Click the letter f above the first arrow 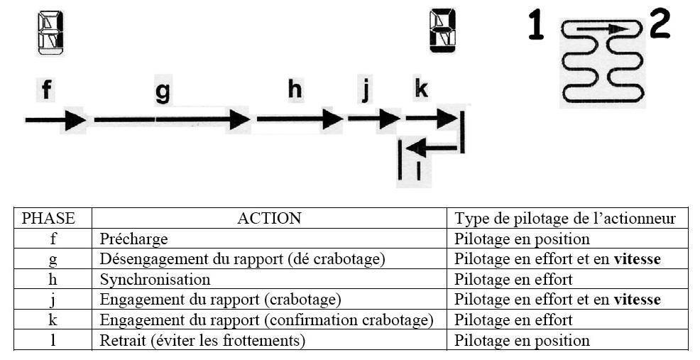click(46, 89)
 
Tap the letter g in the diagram click(163, 92)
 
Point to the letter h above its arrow click(295, 89)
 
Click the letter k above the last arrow click(421, 89)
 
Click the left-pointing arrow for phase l click(433, 148)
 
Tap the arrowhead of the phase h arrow click(332, 119)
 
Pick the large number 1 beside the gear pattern click(537, 26)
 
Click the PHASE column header click(49, 219)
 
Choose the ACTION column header click(269, 219)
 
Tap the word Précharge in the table click(133, 239)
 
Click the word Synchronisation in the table click(155, 280)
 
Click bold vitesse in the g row click(637, 259)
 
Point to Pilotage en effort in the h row click(513, 280)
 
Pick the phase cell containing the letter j click(53, 299)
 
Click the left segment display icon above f click(50, 33)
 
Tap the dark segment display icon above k click(442, 31)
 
